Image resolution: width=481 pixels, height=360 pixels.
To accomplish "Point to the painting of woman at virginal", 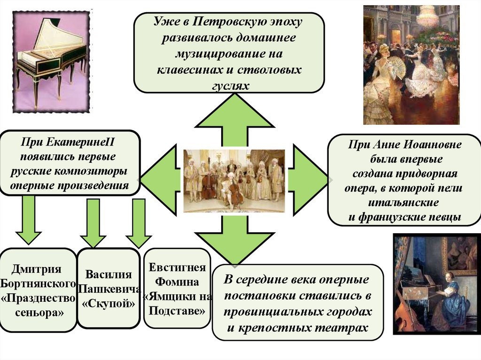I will [x=434, y=284].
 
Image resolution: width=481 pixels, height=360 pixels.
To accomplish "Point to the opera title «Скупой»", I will [x=109, y=304].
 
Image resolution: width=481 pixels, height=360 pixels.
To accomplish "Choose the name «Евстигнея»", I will [x=177, y=268].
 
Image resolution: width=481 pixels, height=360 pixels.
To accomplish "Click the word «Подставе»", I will [x=177, y=311].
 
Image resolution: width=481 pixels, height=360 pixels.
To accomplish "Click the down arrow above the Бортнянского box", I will [x=29, y=221].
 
